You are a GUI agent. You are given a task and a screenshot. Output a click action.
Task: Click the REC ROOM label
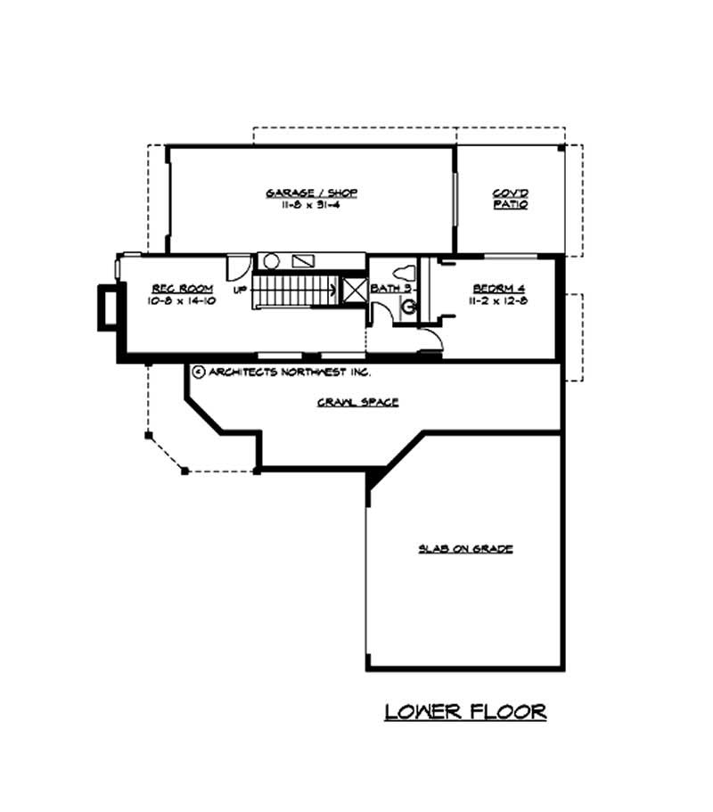(x=174, y=289)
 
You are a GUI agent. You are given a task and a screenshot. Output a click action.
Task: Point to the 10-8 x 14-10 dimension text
(x=174, y=300)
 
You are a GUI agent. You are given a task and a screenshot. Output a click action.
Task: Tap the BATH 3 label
(x=391, y=289)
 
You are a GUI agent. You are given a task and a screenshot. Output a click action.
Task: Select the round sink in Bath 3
(x=409, y=308)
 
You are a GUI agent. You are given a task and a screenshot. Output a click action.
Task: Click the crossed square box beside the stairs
(x=354, y=291)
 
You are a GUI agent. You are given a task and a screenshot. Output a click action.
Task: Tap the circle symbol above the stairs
(x=272, y=262)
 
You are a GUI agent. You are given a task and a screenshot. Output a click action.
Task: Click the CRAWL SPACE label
(x=357, y=402)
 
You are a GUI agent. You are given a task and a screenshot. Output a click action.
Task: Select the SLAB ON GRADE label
(x=465, y=548)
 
